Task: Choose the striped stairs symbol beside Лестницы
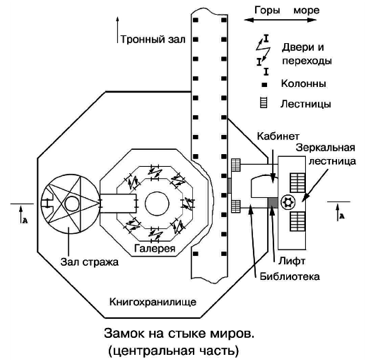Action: (264, 104)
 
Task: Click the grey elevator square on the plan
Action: (271, 205)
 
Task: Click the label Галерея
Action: (154, 249)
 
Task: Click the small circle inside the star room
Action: (73, 205)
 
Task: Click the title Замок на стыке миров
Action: (184, 331)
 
